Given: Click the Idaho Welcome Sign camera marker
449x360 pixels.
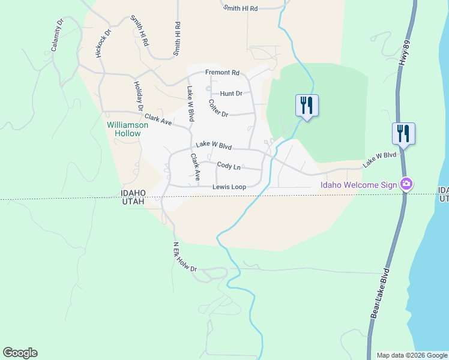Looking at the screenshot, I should (x=406, y=184).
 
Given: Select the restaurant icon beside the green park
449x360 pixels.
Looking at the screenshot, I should (x=307, y=106).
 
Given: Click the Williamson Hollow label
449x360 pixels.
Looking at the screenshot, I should (x=124, y=129).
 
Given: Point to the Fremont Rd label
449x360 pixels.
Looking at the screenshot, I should (x=222, y=73).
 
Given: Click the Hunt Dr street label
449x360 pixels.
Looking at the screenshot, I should (x=231, y=94).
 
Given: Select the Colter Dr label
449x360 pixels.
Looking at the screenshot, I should (x=218, y=109).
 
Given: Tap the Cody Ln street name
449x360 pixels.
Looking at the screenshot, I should (x=229, y=165).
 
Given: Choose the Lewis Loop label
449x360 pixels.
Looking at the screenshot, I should (x=229, y=187).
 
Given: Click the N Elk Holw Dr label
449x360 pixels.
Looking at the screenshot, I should (x=185, y=257).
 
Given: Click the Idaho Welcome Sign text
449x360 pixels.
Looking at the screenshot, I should (x=358, y=185).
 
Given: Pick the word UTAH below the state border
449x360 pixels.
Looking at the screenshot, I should (x=133, y=202).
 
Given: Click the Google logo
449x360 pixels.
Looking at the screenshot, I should (x=20, y=353).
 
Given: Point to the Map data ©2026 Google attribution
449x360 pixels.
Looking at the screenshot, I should (x=411, y=355).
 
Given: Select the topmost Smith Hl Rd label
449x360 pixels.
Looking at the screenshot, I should (x=240, y=8).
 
